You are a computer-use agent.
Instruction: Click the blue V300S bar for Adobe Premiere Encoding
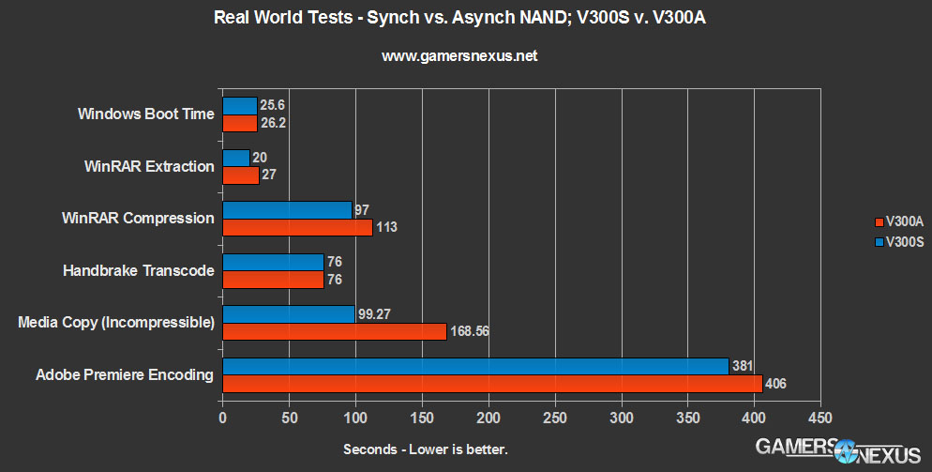[475, 366]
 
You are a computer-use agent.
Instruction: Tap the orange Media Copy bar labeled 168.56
[334, 331]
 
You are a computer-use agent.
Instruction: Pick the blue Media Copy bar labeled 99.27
[288, 313]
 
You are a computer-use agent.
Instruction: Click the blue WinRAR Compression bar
[287, 209]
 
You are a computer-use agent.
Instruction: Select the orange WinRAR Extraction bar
[240, 175]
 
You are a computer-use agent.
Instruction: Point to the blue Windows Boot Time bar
[239, 105]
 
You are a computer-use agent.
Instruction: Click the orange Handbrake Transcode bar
[273, 279]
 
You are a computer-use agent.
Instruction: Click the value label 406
[775, 383]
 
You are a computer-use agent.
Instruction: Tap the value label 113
[386, 227]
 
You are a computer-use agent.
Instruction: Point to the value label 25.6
[272, 105]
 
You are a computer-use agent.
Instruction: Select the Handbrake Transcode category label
[138, 270]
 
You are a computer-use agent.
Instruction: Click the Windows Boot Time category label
[145, 114]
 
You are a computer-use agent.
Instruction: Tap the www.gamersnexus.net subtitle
[459, 56]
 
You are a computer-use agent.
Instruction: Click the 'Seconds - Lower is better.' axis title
[426, 449]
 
